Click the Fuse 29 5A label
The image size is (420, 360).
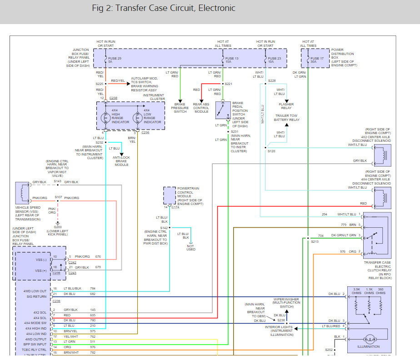click(x=115, y=60)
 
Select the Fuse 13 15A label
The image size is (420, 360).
click(x=232, y=60)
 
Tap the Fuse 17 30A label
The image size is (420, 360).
click(x=317, y=60)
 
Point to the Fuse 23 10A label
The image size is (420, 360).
click(x=274, y=60)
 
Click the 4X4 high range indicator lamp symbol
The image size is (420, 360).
click(x=105, y=118)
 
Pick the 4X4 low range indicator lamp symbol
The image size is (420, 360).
click(x=138, y=118)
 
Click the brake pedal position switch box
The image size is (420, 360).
click(x=223, y=110)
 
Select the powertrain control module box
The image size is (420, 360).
click(x=170, y=195)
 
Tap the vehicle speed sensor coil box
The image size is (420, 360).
click(x=22, y=193)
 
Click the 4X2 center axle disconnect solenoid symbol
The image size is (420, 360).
click(x=383, y=155)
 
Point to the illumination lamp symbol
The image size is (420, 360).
click(x=370, y=340)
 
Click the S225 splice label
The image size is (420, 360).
click(x=100, y=84)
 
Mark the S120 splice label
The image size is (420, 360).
click(x=271, y=151)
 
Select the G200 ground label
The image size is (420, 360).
click(x=58, y=227)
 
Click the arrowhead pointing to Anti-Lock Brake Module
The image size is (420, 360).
click(x=122, y=154)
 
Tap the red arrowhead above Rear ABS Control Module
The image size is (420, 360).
click(x=201, y=101)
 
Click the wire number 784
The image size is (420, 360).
click(x=93, y=289)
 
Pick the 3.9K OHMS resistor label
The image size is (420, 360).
click(x=356, y=291)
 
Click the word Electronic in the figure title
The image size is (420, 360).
click(x=217, y=8)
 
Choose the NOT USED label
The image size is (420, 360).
click(x=191, y=248)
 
